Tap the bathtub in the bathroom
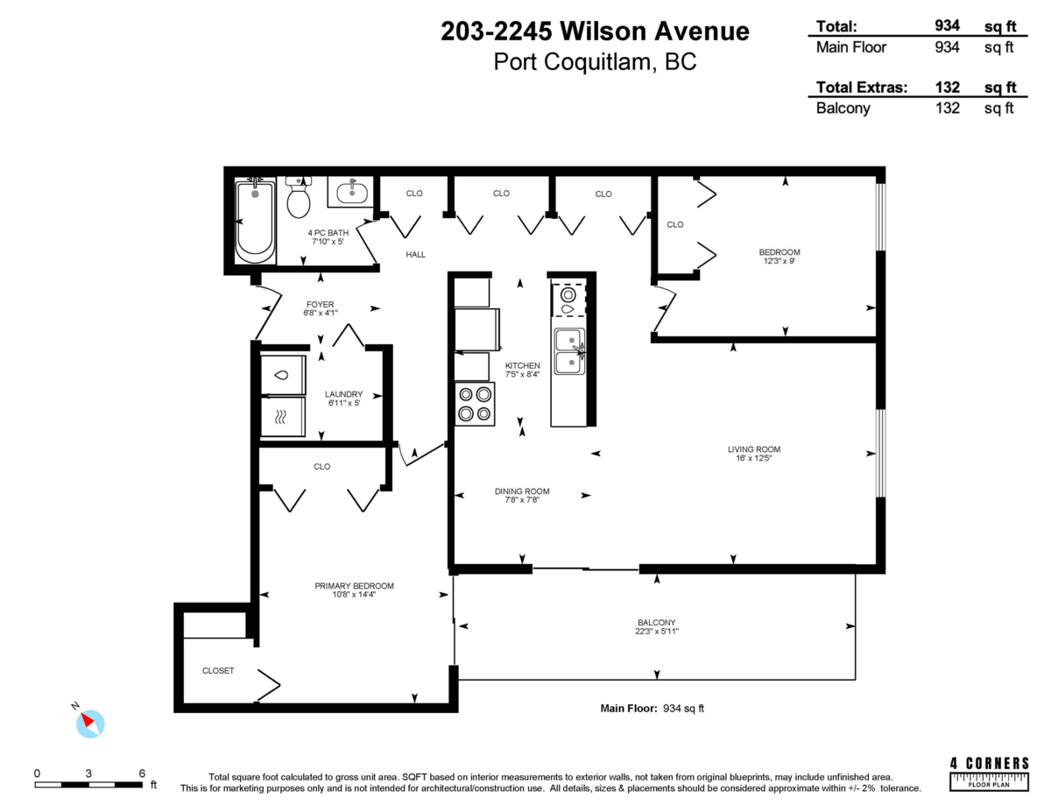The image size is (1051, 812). [x=255, y=220]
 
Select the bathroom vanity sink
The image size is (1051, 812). [x=352, y=192]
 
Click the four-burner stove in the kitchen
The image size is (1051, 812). [x=475, y=404]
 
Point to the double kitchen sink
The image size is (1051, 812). [x=569, y=351]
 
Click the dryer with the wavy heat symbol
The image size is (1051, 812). [x=283, y=417]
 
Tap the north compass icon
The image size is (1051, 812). [x=90, y=724]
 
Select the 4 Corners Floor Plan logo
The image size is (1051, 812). [x=989, y=773]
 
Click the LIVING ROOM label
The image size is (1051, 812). [x=754, y=449]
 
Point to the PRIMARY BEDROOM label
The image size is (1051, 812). [x=354, y=586]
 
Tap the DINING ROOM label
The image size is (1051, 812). [x=522, y=491]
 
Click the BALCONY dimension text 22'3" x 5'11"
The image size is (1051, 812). [x=657, y=632]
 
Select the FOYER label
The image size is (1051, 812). [x=321, y=304]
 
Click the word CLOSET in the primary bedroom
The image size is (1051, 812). [x=218, y=671]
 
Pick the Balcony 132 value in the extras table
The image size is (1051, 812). [x=947, y=108]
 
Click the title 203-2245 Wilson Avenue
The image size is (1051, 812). [x=595, y=32]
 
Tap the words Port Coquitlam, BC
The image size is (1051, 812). [x=595, y=62]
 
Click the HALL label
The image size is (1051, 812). [x=415, y=254]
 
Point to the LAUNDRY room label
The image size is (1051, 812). [x=343, y=394]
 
